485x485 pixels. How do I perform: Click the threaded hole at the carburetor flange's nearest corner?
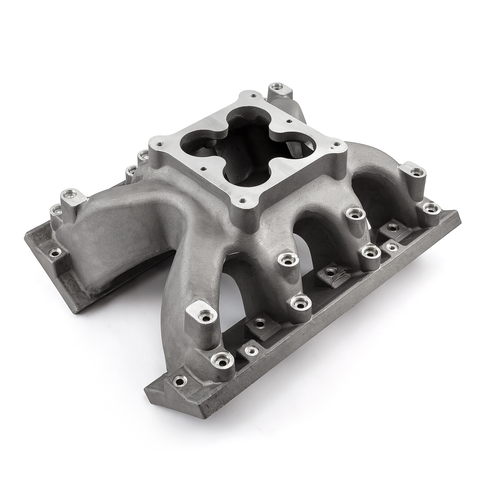[241, 200]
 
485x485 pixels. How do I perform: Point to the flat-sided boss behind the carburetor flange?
[277, 87]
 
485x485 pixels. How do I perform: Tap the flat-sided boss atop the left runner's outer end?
[72, 198]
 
